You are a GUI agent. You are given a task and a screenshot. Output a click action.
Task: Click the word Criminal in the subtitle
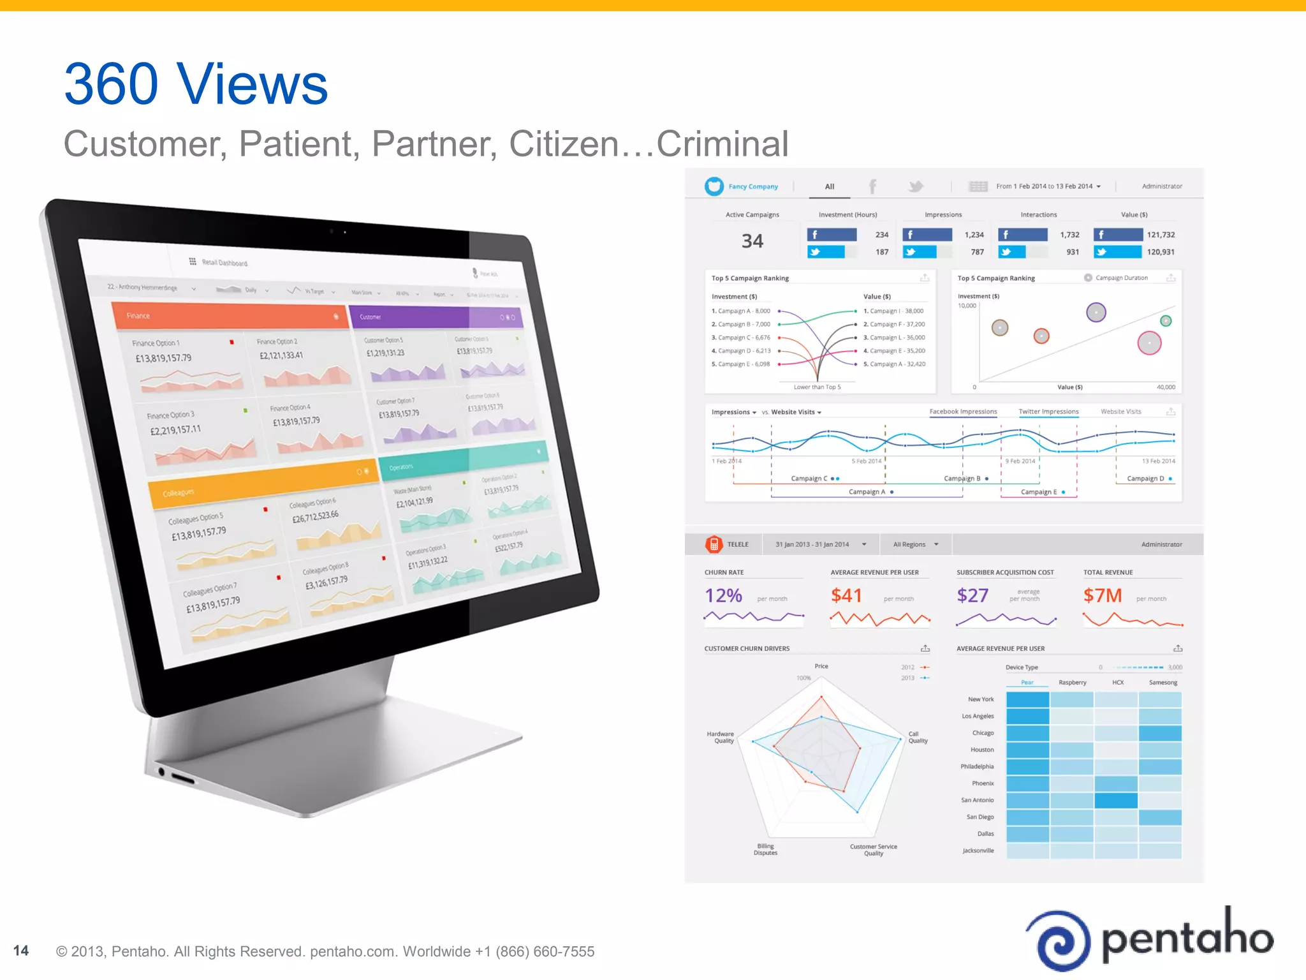(x=723, y=144)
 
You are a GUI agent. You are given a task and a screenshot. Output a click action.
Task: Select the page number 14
(x=21, y=951)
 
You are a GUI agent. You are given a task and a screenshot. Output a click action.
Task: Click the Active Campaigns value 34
(x=752, y=241)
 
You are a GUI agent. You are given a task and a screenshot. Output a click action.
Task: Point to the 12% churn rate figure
(x=723, y=596)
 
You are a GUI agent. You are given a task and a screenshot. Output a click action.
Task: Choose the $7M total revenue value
(x=1102, y=596)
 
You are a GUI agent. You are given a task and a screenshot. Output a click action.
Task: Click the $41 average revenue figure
(x=846, y=596)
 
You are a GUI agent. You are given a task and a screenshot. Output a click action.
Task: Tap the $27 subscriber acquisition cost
(x=972, y=596)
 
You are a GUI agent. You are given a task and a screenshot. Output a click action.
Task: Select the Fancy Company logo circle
(x=714, y=186)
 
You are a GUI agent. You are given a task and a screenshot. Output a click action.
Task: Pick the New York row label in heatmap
(x=981, y=699)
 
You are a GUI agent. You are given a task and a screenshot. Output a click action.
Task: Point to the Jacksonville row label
(x=978, y=850)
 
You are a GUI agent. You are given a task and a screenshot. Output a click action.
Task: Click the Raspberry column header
(x=1073, y=683)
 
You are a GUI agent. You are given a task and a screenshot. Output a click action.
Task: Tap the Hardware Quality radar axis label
(x=721, y=738)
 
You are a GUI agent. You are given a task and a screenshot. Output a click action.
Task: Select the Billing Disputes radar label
(x=765, y=849)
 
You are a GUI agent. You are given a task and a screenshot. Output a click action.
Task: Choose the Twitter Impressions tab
(x=1048, y=412)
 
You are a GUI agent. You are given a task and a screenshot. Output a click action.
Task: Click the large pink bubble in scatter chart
(x=1149, y=343)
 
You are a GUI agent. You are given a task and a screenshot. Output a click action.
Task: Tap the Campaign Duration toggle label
(x=1121, y=278)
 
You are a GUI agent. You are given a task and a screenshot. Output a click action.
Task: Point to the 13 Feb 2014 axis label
(x=1158, y=461)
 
